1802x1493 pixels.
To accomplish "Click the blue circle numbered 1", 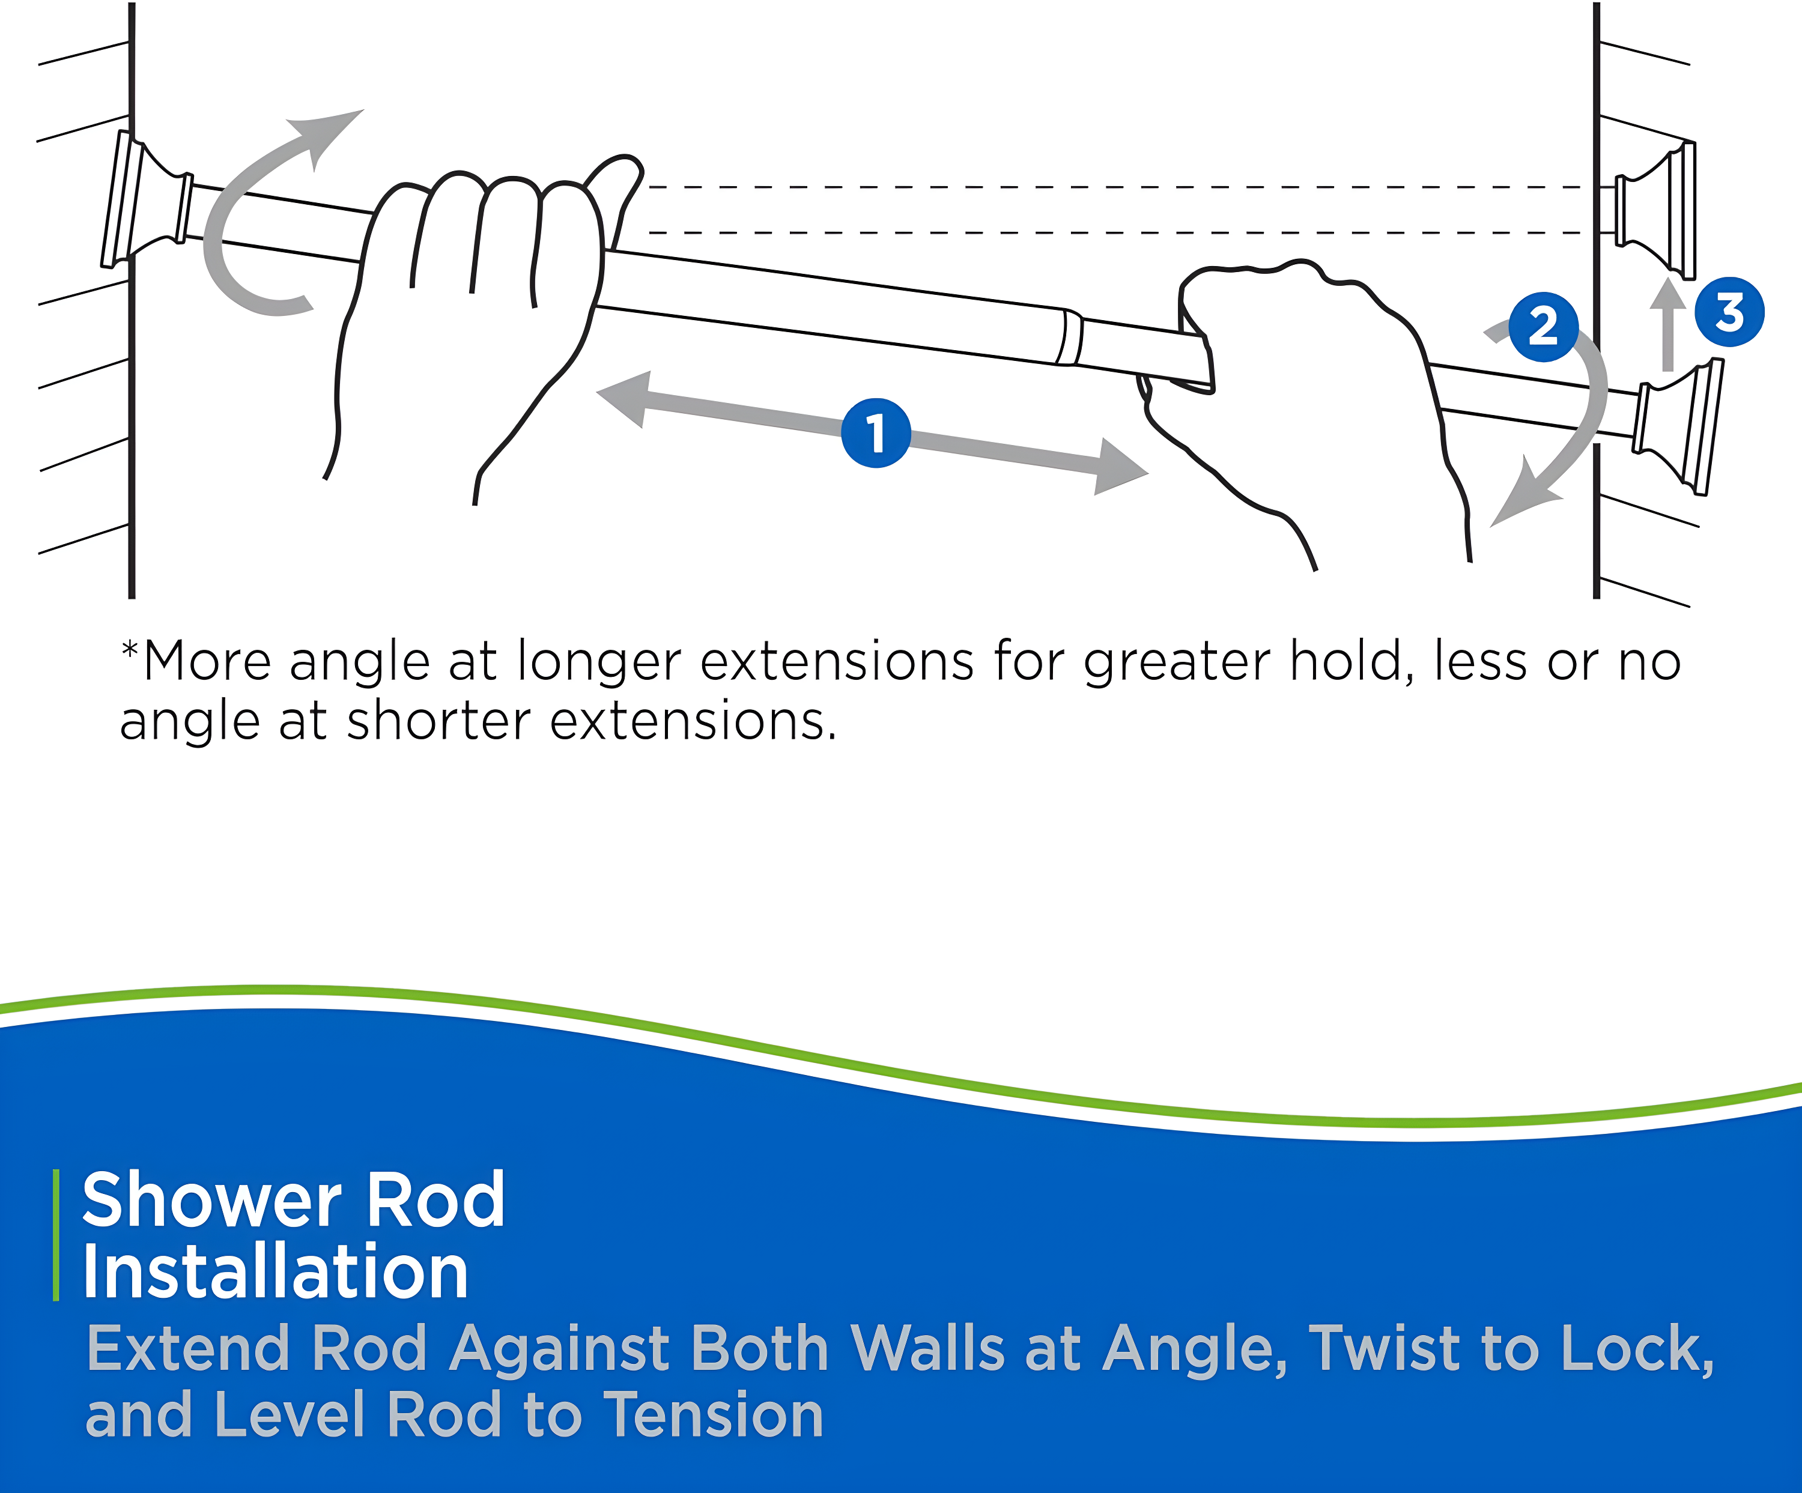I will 875,434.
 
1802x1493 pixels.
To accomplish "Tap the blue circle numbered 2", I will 1543,327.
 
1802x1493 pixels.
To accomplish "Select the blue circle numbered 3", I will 1729,312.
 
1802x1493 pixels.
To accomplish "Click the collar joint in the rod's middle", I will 1070,337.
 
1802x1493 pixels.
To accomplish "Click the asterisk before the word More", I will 130,650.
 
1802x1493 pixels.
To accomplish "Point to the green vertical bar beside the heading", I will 56,1235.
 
